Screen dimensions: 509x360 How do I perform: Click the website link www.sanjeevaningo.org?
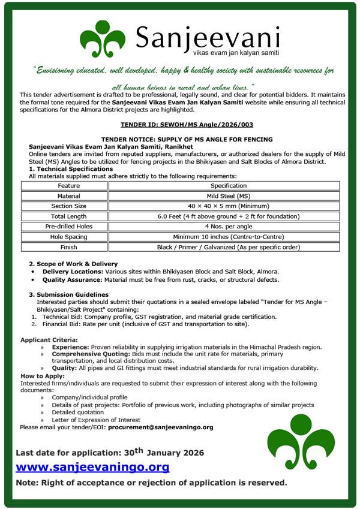click(x=92, y=466)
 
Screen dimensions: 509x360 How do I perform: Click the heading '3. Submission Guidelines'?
click(x=69, y=294)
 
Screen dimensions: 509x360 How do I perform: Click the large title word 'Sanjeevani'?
click(x=208, y=37)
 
